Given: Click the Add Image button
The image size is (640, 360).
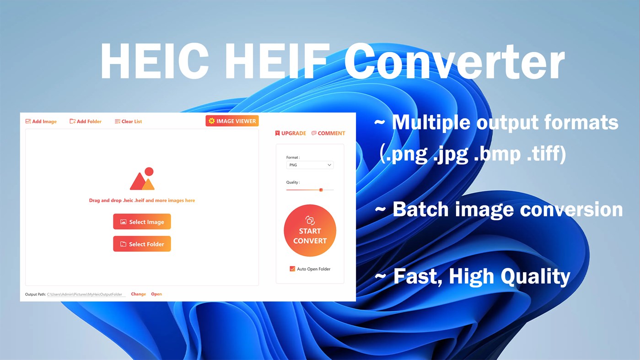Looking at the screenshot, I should [x=41, y=121].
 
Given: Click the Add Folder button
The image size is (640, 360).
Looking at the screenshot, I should [x=86, y=121].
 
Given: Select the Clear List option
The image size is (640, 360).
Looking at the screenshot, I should [x=129, y=121].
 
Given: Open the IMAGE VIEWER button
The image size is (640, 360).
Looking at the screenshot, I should [x=232, y=121].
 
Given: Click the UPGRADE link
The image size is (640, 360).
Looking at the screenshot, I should [x=290, y=133].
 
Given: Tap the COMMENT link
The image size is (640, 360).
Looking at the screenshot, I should [x=328, y=133].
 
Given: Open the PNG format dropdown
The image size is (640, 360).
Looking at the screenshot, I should [x=310, y=165].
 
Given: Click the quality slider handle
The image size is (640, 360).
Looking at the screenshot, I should [x=321, y=190].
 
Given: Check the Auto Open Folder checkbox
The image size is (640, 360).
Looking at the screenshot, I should [x=292, y=269].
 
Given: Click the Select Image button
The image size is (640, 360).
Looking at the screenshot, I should [x=142, y=222].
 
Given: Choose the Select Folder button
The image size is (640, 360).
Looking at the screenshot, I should [x=142, y=244].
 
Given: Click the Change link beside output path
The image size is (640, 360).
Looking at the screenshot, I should [x=138, y=294].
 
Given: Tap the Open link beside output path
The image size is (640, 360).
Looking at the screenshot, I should [x=156, y=294].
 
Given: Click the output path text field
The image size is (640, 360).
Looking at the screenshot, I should [x=86, y=294].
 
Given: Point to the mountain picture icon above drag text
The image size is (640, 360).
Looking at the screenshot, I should [x=142, y=179].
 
